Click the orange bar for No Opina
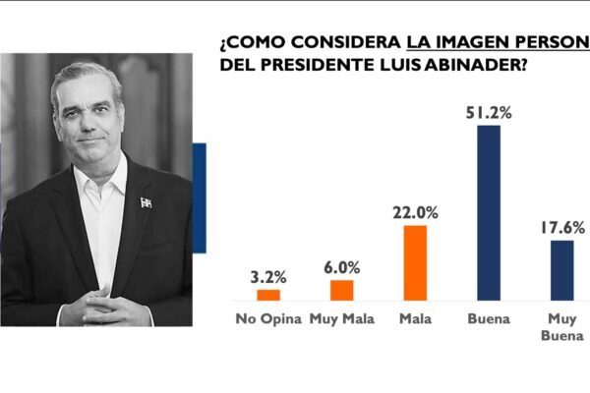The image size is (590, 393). pyautogui.click(x=268, y=294)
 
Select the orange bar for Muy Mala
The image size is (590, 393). pyautogui.click(x=341, y=289)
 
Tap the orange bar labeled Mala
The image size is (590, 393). pyautogui.click(x=415, y=262)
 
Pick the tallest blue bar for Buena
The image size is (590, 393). pyautogui.click(x=488, y=212)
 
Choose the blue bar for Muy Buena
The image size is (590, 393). pyautogui.click(x=561, y=269)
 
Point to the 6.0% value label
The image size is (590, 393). pyautogui.click(x=342, y=266)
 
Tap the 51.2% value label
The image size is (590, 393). pyautogui.click(x=489, y=112)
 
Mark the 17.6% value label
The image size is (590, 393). pyautogui.click(x=562, y=227)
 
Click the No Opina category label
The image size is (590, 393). pyautogui.click(x=268, y=317)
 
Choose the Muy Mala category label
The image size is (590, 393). pyautogui.click(x=341, y=317)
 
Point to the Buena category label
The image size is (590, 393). pyautogui.click(x=489, y=317)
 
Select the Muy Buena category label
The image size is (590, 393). pyautogui.click(x=562, y=326)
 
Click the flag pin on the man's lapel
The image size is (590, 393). pyautogui.click(x=146, y=202)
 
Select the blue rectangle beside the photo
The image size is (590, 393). pyautogui.click(x=199, y=197)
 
